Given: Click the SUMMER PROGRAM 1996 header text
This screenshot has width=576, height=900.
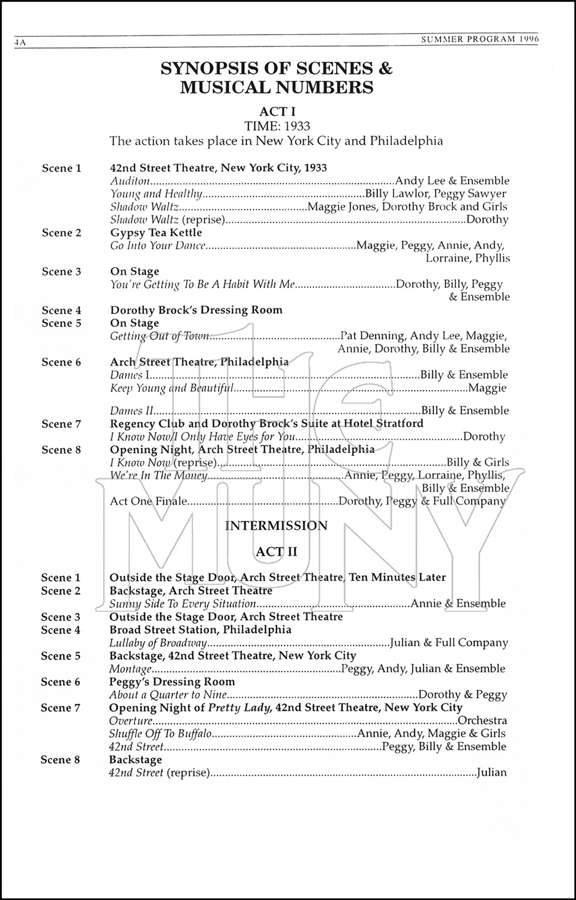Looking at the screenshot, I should pyautogui.click(x=480, y=39).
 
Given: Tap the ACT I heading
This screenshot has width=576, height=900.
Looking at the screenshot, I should pyautogui.click(x=277, y=112).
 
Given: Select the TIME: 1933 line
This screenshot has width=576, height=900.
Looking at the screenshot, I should pyautogui.click(x=277, y=126).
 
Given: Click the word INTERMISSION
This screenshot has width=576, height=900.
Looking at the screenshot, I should pyautogui.click(x=276, y=526).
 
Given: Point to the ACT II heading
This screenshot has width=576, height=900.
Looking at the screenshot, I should pyautogui.click(x=276, y=551).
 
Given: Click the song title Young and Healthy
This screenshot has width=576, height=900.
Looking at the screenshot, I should pyautogui.click(x=157, y=194).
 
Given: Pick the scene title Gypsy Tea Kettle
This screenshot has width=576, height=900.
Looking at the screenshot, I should pyautogui.click(x=156, y=233).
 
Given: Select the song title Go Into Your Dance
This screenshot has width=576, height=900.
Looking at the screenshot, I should pyautogui.click(x=158, y=245).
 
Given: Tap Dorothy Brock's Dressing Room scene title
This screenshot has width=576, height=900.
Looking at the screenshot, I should pyautogui.click(x=196, y=310).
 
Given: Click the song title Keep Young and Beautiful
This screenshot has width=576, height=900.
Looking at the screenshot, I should pyautogui.click(x=171, y=388).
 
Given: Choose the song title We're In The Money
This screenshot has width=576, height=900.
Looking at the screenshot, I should pyautogui.click(x=158, y=476).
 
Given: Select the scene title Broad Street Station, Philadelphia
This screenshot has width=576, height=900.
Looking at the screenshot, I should pyautogui.click(x=200, y=630).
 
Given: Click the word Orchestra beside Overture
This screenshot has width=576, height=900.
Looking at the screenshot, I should pyautogui.click(x=482, y=721).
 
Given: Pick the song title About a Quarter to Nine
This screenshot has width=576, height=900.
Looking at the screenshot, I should pyautogui.click(x=168, y=695).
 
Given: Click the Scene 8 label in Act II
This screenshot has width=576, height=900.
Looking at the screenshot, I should pyautogui.click(x=60, y=760).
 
